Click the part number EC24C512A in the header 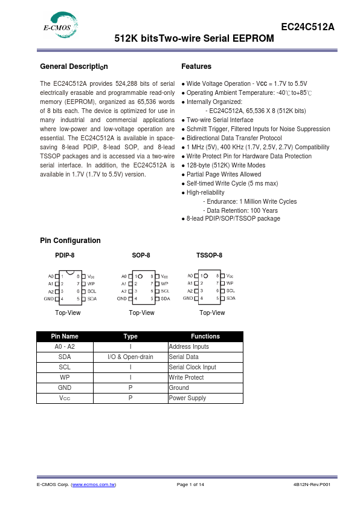307,27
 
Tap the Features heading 196,66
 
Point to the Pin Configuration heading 70,241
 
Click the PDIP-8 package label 65,255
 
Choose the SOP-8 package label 141,255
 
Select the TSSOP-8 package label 209,255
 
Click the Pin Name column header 65,336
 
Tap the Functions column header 205,336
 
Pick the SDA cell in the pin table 65,357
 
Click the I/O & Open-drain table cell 130,357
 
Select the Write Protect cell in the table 186,377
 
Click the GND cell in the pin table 65,387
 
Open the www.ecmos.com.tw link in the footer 94,485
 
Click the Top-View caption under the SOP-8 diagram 141,313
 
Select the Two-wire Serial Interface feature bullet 220,120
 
